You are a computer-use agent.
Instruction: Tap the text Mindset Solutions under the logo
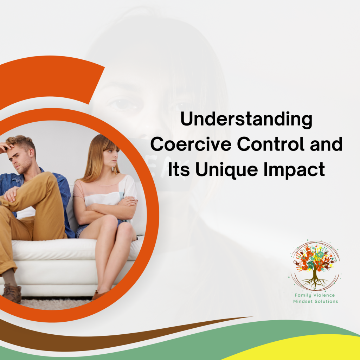coord(315,302)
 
